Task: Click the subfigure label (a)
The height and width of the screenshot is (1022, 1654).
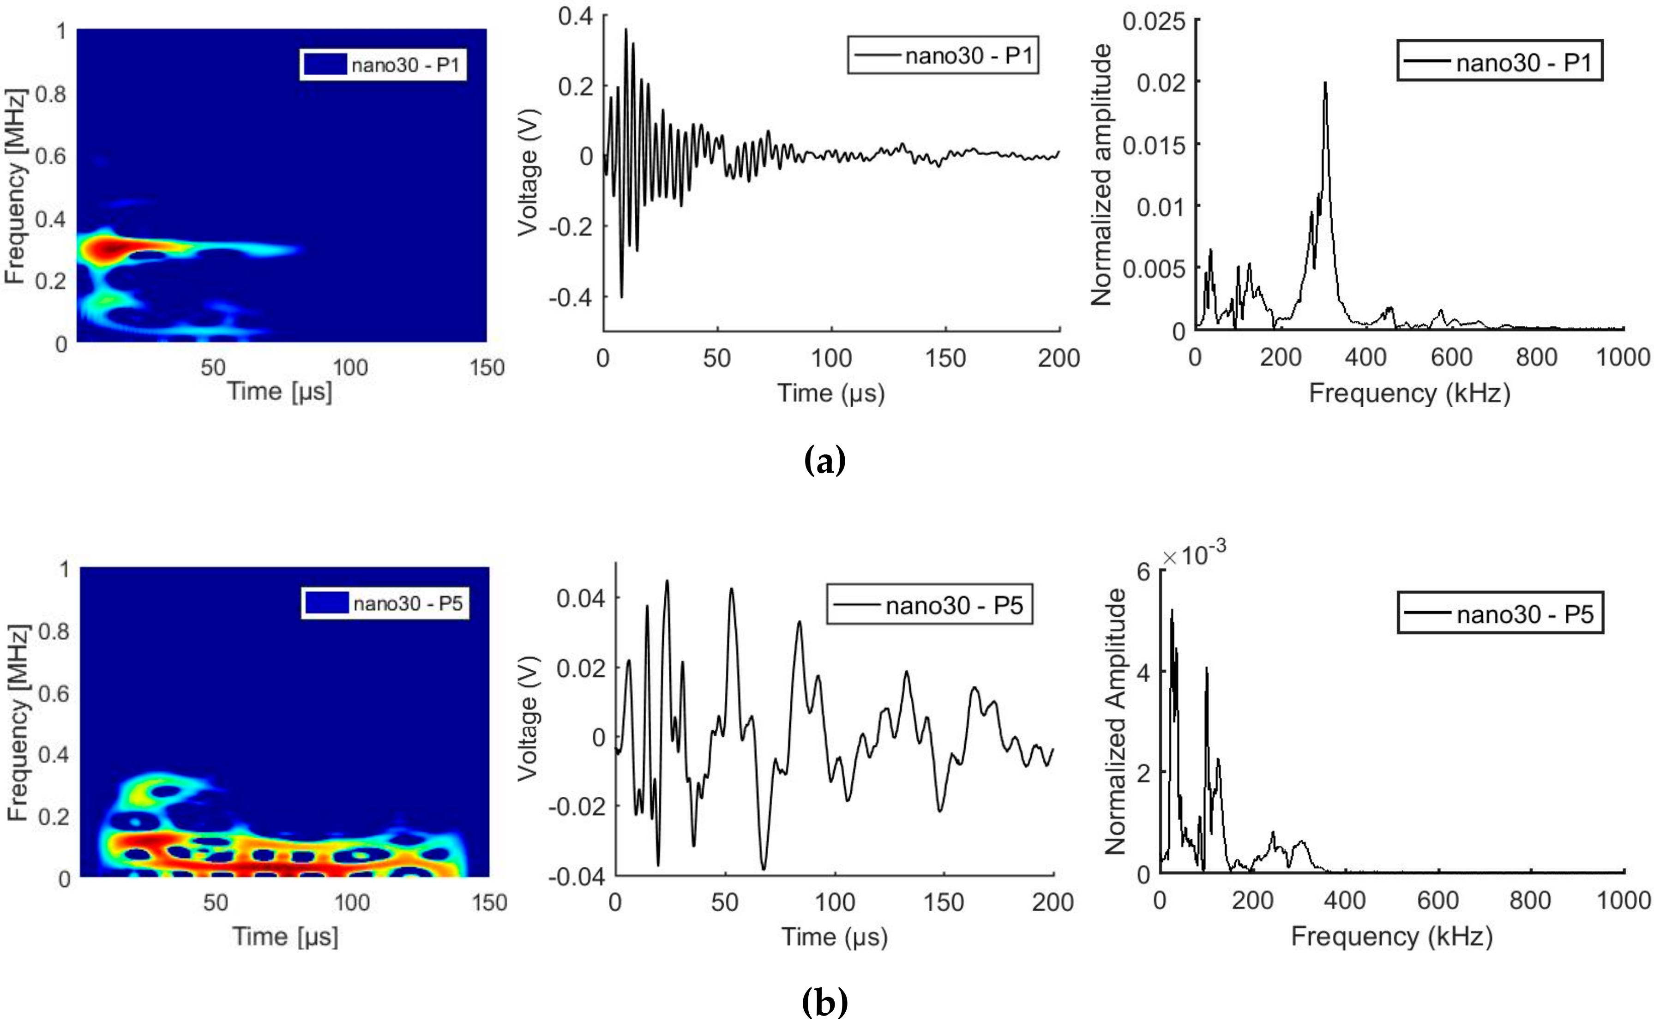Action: coord(824,462)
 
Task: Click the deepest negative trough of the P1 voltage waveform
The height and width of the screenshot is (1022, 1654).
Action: coord(621,296)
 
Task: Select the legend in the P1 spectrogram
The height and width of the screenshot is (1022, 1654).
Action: coord(383,65)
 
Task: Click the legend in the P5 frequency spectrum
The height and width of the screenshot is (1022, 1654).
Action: coord(1500,614)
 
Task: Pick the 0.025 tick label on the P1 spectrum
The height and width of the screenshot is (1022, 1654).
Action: coord(1154,22)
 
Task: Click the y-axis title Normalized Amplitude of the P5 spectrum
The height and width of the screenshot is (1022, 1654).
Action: coord(1115,722)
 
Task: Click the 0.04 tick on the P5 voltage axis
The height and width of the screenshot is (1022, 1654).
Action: coord(580,598)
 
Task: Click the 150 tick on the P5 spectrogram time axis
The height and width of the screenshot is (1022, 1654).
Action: coord(489,902)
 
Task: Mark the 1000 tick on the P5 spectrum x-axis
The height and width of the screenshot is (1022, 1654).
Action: coord(1624,900)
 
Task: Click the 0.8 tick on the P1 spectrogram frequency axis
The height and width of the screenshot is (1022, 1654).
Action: coord(51,95)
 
